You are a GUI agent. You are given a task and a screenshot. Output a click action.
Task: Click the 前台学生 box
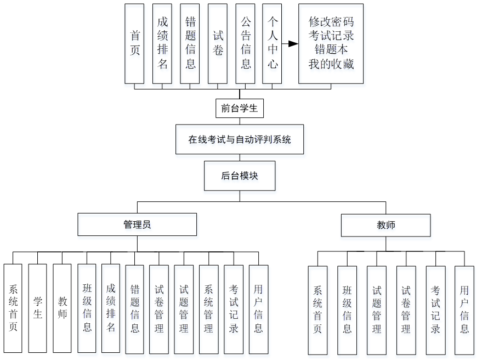[240, 108]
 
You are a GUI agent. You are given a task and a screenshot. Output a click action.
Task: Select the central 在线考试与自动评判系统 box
[240, 139]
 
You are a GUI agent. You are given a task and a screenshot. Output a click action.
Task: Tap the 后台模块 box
[240, 176]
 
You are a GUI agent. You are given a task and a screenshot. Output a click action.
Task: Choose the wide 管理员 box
[137, 224]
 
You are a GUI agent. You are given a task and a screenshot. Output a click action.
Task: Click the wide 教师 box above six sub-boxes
[385, 225]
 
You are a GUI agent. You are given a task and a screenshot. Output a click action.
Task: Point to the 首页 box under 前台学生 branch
[134, 44]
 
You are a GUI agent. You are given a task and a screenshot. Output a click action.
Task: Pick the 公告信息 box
[245, 44]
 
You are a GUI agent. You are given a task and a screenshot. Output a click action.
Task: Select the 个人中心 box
[273, 44]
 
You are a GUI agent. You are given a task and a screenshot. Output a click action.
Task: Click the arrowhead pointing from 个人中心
[294, 44]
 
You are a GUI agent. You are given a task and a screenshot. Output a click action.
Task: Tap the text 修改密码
[331, 22]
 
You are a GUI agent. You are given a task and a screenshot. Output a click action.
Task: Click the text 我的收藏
[331, 64]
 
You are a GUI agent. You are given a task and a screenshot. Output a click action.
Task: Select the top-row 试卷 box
[218, 44]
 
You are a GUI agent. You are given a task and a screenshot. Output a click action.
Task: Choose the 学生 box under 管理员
[37, 308]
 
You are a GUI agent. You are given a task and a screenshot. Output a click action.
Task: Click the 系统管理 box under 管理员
[208, 309]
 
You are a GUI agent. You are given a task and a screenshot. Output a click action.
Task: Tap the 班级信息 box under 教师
[347, 310]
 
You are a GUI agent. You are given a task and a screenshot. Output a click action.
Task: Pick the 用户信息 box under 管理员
[258, 309]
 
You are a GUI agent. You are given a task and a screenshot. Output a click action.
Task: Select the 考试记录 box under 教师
[435, 310]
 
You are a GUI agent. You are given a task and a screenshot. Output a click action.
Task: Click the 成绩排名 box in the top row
[162, 44]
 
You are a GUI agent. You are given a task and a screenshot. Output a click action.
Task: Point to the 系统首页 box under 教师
[317, 310]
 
